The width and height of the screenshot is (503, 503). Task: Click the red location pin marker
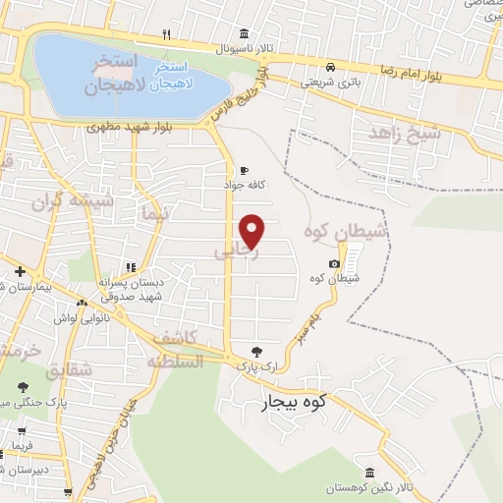253,231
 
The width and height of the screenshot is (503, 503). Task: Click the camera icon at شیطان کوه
335,263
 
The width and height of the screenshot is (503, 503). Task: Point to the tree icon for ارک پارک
256,350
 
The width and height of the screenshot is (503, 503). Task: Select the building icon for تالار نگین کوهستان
369,474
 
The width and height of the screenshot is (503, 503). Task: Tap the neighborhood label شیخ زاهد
398,133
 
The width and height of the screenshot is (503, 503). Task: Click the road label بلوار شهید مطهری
123,126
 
